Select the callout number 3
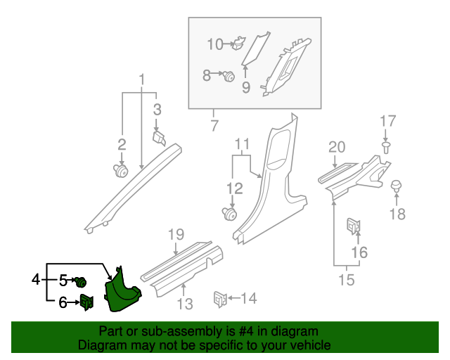157,109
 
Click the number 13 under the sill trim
184,304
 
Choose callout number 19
175,234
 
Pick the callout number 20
337,146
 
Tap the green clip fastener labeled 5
81,282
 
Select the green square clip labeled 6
86,302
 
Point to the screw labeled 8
229,76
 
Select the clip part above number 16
354,226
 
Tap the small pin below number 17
387,146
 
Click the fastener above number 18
397,186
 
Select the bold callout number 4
36,281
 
